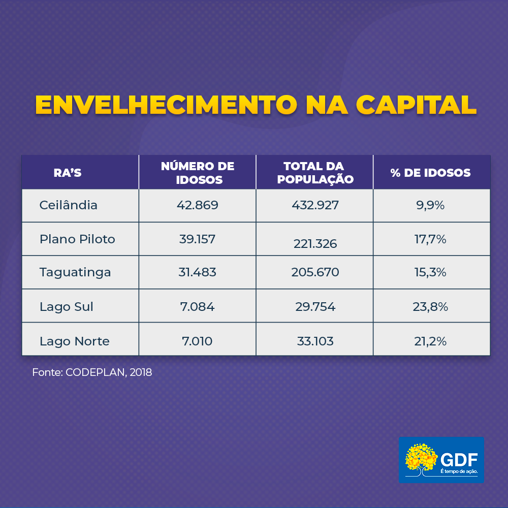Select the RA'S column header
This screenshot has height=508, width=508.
[68, 173]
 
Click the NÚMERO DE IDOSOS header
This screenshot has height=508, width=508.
[198, 173]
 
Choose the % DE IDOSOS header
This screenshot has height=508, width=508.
[431, 173]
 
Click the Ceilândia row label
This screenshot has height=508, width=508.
[69, 205]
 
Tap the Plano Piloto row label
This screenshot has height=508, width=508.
[77, 239]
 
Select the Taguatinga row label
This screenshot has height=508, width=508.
[75, 272]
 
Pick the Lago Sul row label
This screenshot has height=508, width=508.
[67, 307]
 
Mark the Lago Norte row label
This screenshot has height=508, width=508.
[75, 341]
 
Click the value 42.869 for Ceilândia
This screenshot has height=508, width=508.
[198, 205]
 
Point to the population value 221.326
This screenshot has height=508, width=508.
[315, 244]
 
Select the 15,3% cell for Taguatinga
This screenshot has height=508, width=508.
[430, 272]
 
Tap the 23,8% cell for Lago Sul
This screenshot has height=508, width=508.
[431, 307]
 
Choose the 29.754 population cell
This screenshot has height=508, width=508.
[315, 307]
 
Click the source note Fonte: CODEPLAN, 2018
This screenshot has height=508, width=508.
[92, 372]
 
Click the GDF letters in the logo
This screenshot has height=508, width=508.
[459, 459]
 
